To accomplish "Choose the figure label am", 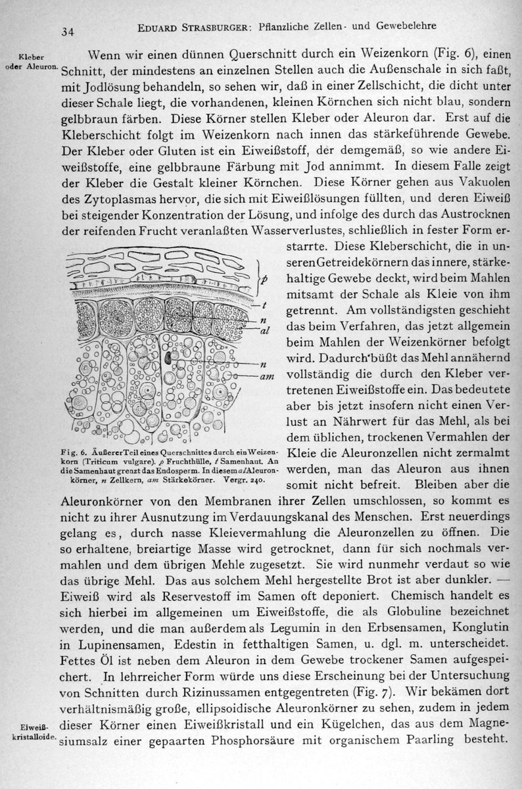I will [267, 375].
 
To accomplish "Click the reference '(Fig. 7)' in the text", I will [373, 692].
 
